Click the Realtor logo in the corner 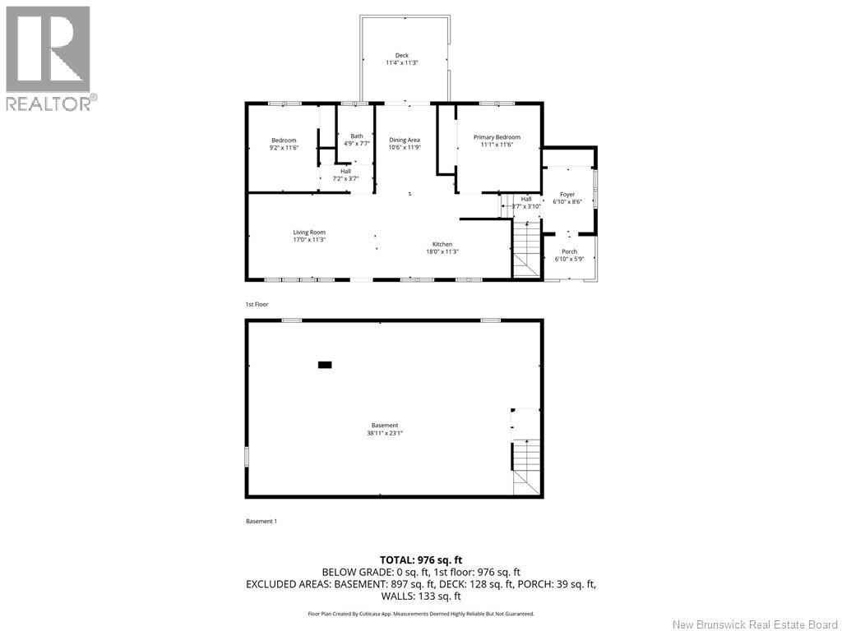click(49, 58)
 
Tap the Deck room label click(401, 56)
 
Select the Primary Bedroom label click(497, 137)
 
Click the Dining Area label click(405, 140)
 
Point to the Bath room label click(356, 136)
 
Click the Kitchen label click(442, 245)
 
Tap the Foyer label click(567, 195)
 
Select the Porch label click(569, 251)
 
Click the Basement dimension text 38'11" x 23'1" click(385, 433)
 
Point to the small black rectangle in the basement click(325, 364)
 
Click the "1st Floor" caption click(257, 305)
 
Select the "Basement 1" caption click(261, 521)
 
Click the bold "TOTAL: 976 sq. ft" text click(420, 560)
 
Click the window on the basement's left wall click(246, 457)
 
